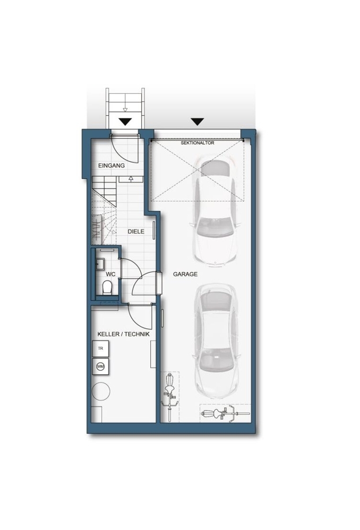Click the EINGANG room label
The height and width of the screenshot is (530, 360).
tap(112, 166)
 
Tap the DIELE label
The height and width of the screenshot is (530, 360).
tap(136, 231)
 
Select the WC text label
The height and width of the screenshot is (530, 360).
tap(110, 274)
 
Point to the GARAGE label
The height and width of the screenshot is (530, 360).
tap(185, 274)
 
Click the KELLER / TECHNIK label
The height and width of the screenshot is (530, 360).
tap(124, 334)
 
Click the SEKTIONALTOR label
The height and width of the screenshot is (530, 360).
tap(197, 143)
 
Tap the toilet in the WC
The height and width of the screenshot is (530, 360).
tap(107, 288)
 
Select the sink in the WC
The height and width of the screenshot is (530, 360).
tap(99, 263)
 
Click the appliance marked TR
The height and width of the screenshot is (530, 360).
tap(100, 349)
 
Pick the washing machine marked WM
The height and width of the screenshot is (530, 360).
tap(100, 367)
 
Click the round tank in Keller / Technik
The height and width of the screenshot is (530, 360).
tap(101, 392)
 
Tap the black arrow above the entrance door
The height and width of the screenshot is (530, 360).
tap(125, 121)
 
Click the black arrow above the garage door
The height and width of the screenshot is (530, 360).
tap(197, 121)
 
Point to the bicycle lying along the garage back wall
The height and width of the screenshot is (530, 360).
tap(225, 414)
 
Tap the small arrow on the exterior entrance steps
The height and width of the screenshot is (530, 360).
tap(125, 109)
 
